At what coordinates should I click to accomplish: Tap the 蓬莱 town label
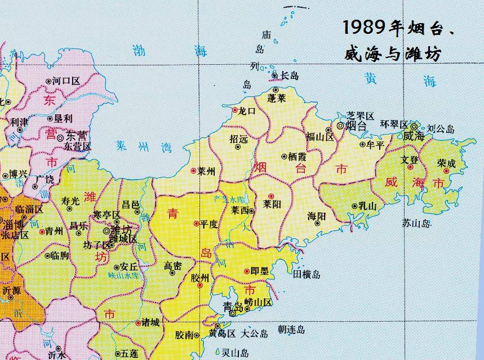276,99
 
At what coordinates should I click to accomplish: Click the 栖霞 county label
297,157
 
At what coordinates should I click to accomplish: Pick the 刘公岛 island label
441,129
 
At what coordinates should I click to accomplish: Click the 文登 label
410,160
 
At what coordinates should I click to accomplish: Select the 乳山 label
367,206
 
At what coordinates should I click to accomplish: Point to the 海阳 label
317,216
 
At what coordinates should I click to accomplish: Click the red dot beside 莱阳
271,196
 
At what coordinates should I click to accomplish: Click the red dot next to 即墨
247,271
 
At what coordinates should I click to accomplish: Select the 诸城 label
150,323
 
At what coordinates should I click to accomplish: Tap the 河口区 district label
66,81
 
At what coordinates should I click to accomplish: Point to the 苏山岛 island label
416,224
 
